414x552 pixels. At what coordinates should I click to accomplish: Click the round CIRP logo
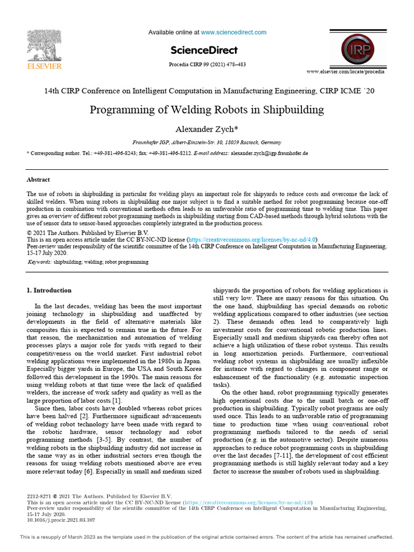pyautogui.click(x=355, y=49)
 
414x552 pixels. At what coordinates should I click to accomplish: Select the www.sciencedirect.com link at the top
pyautogui.click(x=233, y=32)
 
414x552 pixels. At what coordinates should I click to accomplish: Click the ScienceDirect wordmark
pyautogui.click(x=204, y=50)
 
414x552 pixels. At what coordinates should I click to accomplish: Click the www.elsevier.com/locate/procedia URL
pyautogui.click(x=346, y=71)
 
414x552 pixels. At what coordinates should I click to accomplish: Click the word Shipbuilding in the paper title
pyautogui.click(x=294, y=110)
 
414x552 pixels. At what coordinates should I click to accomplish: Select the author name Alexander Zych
pyautogui.click(x=205, y=129)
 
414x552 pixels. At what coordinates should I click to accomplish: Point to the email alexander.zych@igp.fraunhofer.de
pyautogui.click(x=270, y=153)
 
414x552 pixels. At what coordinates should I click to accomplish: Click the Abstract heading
pyautogui.click(x=38, y=180)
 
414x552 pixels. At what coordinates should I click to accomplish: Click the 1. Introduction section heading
pyautogui.click(x=49, y=290)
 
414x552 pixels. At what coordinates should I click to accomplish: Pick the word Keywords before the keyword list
pyautogui.click(x=40, y=262)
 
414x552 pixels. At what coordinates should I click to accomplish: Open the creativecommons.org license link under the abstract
pyautogui.click(x=252, y=239)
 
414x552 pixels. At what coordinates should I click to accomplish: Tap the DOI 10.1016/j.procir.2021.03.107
pyautogui.click(x=61, y=520)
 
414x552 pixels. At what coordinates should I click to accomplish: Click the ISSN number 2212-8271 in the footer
pyautogui.click(x=39, y=496)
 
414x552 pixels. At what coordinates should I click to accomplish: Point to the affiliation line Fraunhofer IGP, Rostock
pyautogui.click(x=207, y=142)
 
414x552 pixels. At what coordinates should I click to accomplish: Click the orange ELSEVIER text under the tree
pyautogui.click(x=44, y=66)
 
